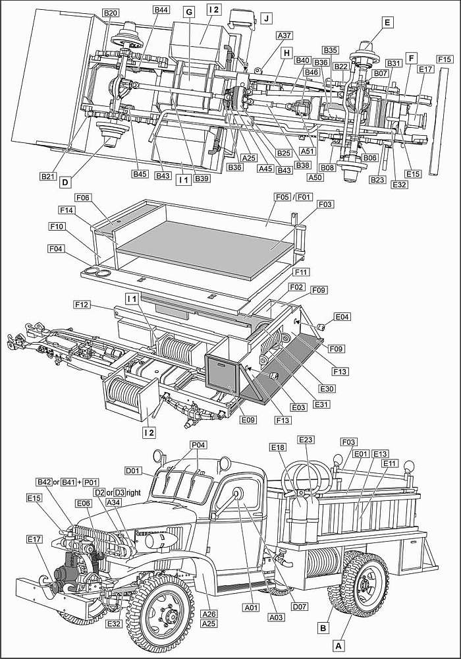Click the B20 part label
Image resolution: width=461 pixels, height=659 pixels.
pyautogui.click(x=110, y=13)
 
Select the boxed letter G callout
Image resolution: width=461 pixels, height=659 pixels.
pyautogui.click(x=189, y=13)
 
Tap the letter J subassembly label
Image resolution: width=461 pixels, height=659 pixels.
pyautogui.click(x=266, y=18)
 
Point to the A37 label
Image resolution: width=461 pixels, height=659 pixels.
pyautogui.click(x=285, y=35)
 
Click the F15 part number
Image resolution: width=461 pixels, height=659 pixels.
pyautogui.click(x=444, y=59)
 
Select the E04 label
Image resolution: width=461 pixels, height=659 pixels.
pyautogui.click(x=342, y=317)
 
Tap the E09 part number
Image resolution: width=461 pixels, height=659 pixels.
pyautogui.click(x=248, y=419)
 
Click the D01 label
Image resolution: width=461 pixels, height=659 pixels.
pyautogui.click(x=133, y=471)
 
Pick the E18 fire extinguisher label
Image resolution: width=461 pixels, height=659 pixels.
pyautogui.click(x=279, y=447)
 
